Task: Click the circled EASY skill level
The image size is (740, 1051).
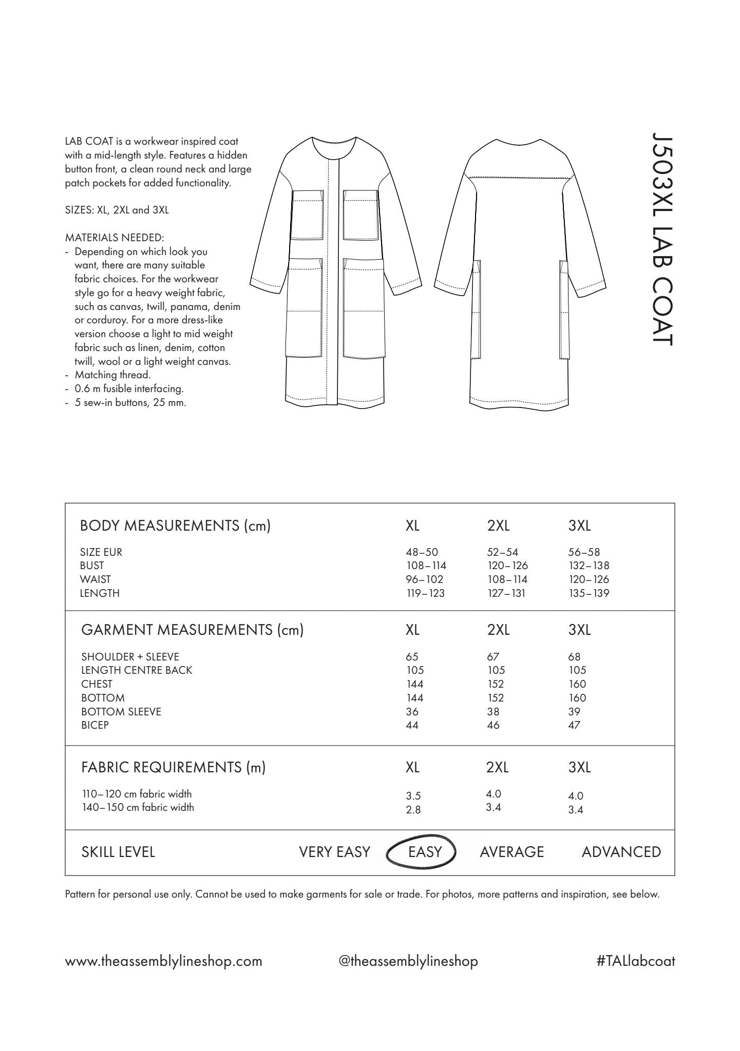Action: pos(425,852)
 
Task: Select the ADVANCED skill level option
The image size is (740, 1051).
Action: pos(621,852)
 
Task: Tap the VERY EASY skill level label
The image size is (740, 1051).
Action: pos(334,852)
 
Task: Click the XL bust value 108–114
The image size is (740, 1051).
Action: pos(426,566)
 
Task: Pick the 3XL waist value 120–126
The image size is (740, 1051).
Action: pos(589,579)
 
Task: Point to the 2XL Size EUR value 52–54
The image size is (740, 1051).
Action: pos(502,552)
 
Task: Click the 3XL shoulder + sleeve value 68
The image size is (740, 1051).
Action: pos(574,657)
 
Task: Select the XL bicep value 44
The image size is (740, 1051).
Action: pos(412,725)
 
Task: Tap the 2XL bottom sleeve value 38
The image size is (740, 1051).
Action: pos(493,712)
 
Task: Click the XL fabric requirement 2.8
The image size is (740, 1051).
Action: pos(413,810)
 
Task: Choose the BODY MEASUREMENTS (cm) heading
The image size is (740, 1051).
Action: pos(175,525)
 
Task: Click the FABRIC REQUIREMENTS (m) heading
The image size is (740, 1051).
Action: pos(173,767)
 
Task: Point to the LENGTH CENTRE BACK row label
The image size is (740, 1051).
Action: pos(136,670)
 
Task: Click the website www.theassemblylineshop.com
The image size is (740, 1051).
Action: pos(163,961)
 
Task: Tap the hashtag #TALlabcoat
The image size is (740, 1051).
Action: pos(636,961)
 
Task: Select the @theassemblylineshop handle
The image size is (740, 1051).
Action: pos(408,961)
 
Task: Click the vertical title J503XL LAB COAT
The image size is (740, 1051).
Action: pos(661,239)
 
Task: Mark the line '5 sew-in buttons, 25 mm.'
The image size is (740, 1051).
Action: pos(130,402)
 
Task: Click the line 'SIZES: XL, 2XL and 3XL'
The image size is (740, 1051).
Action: pos(117,210)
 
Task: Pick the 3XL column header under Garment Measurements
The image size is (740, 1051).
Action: pos(579,630)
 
